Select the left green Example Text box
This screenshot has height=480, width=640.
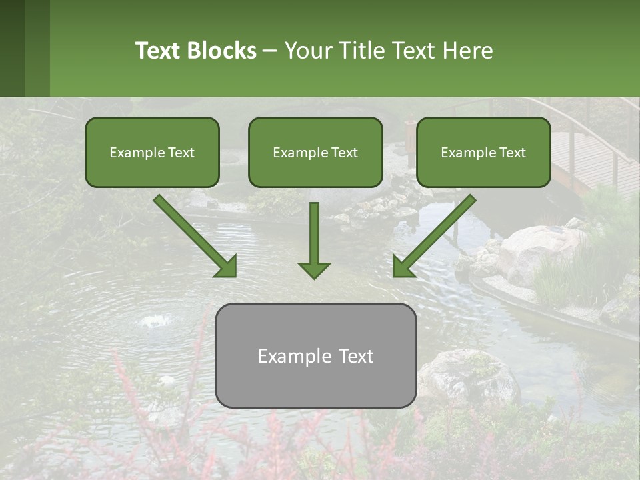[x=152, y=152]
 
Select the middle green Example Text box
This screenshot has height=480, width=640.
[x=315, y=152]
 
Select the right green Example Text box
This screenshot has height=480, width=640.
[x=483, y=152]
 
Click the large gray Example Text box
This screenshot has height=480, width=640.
[x=315, y=355]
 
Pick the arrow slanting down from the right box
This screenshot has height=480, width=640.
[x=437, y=233]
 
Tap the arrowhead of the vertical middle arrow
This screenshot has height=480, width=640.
[x=314, y=269]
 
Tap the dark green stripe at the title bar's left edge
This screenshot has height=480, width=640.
[x=12, y=48]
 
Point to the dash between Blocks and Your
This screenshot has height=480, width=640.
[x=270, y=51]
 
